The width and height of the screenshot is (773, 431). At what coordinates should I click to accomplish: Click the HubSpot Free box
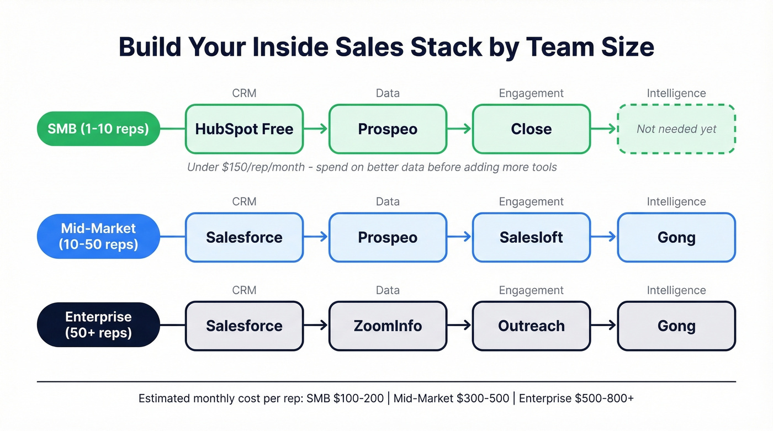point(244,129)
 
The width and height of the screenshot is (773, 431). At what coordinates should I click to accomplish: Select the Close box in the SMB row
point(531,129)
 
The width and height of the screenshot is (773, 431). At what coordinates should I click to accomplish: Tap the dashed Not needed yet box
point(676,129)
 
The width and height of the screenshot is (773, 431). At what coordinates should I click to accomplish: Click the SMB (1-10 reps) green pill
point(98,129)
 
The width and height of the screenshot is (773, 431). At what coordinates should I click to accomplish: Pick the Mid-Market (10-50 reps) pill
point(98,237)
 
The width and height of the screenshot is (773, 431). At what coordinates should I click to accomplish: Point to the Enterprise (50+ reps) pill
point(98,325)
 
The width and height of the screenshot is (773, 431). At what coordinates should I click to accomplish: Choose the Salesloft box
point(531,237)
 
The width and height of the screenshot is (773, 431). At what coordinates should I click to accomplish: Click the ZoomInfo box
point(388,326)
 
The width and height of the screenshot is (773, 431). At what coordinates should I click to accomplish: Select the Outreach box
point(531,326)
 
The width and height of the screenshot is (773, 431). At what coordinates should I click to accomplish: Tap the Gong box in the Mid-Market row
point(676,237)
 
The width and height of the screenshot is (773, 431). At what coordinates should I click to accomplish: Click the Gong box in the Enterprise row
point(676,326)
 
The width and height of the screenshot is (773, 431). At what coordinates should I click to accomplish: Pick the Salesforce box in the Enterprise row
point(244,326)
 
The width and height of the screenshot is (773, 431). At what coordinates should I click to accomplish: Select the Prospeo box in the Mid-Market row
point(388,237)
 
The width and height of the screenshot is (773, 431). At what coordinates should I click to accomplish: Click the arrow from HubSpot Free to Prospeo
point(316,129)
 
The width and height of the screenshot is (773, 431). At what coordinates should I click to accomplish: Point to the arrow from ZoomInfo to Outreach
point(459,326)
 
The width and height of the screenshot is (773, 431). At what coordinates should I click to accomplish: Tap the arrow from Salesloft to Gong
point(603,237)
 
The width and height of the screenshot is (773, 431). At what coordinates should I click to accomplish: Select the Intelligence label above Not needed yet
point(676,93)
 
